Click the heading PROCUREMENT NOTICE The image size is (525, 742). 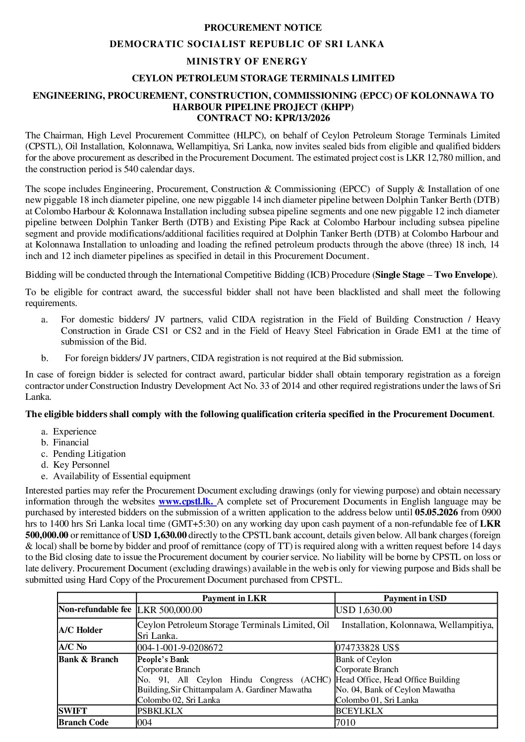point(263,27)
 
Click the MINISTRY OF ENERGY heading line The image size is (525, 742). point(247,61)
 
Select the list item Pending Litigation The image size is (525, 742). point(89,453)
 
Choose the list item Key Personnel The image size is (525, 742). point(81,465)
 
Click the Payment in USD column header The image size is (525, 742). point(415,598)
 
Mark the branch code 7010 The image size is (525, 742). point(346,722)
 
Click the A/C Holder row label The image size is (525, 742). point(80,630)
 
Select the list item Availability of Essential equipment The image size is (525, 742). point(121,476)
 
